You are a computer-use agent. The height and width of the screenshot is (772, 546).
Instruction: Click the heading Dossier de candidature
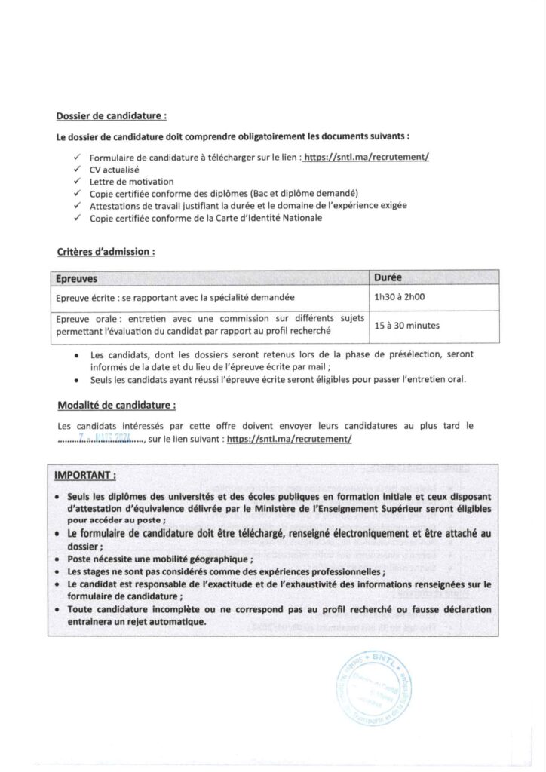click(112, 116)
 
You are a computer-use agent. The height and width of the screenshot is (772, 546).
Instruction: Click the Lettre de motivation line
click(131, 182)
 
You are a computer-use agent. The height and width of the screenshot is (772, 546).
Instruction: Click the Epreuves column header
click(77, 277)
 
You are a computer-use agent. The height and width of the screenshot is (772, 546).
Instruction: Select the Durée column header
click(388, 277)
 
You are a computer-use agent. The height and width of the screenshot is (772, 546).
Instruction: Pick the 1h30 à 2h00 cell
click(400, 297)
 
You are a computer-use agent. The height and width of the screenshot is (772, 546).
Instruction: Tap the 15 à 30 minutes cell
click(407, 326)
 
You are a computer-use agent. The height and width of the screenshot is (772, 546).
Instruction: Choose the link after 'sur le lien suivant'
click(289, 438)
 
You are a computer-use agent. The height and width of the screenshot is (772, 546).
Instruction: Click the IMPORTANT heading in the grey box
click(85, 476)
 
